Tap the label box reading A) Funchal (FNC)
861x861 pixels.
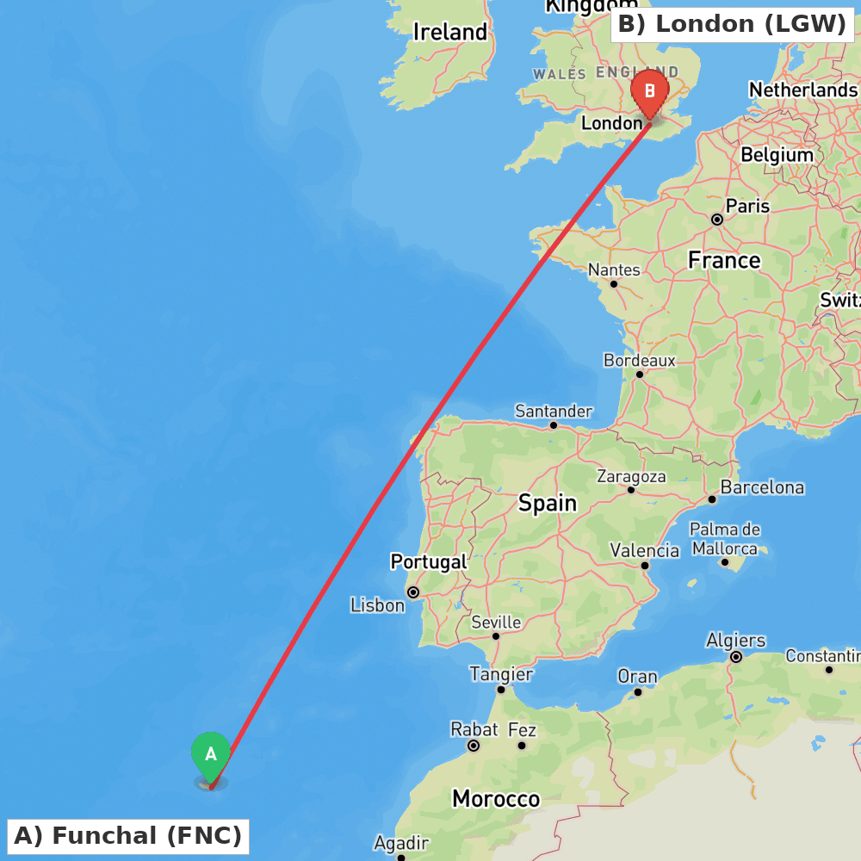pyautogui.click(x=128, y=835)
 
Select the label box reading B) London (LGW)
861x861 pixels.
pyautogui.click(x=732, y=24)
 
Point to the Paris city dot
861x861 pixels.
pyautogui.click(x=716, y=220)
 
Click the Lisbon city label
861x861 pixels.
pyautogui.click(x=377, y=605)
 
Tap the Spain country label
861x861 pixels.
pyautogui.click(x=547, y=503)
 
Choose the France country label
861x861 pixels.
pyautogui.click(x=723, y=260)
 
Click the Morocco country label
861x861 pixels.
pyautogui.click(x=495, y=799)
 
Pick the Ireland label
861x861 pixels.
pyautogui.click(x=449, y=32)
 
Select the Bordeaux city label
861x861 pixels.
pyautogui.click(x=639, y=360)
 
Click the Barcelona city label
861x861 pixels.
pyautogui.click(x=762, y=487)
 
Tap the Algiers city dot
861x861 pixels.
pyautogui.click(x=736, y=657)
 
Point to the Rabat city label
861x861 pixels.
pyautogui.click(x=474, y=729)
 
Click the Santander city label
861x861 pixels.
pyautogui.click(x=553, y=411)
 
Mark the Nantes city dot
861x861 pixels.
pyautogui.click(x=614, y=283)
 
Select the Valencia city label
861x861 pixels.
pyautogui.click(x=644, y=550)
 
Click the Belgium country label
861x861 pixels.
pyautogui.click(x=777, y=155)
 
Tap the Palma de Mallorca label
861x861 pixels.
pyautogui.click(x=725, y=538)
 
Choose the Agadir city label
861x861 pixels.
pyautogui.click(x=401, y=842)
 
